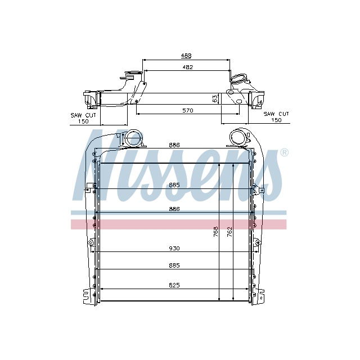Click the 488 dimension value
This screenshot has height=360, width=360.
(x=186, y=55)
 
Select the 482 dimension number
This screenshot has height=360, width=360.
(x=187, y=67)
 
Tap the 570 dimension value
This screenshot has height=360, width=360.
(x=187, y=111)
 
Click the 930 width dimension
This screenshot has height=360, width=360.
(x=175, y=248)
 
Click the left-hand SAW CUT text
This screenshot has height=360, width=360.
(x=83, y=115)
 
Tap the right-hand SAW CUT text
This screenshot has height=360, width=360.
(x=276, y=114)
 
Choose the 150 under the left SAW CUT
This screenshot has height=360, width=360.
(x=83, y=121)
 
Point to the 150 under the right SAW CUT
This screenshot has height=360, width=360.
(x=276, y=120)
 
